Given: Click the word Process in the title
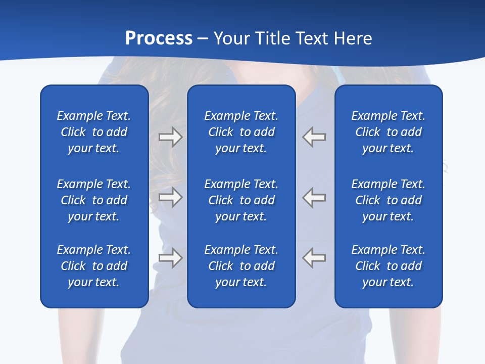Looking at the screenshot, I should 159,38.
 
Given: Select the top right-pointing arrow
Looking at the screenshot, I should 170,137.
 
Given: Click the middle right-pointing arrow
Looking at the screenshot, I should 170,197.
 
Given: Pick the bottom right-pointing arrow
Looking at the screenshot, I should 170,257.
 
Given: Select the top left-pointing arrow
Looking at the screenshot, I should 314,137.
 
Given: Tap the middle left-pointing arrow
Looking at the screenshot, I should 314,197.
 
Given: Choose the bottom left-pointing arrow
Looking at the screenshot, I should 314,257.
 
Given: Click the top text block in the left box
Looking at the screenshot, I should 94,132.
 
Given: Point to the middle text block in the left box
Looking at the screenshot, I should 94,200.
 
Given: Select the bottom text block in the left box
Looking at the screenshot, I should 94,266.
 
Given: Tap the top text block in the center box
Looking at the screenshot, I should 241,132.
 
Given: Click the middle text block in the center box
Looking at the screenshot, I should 241,200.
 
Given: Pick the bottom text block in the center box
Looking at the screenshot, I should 241,266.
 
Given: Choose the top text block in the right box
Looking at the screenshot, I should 388,132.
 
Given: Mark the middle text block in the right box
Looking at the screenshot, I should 388,200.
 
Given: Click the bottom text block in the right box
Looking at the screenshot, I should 388,266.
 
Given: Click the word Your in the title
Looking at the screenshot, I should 232,38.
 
